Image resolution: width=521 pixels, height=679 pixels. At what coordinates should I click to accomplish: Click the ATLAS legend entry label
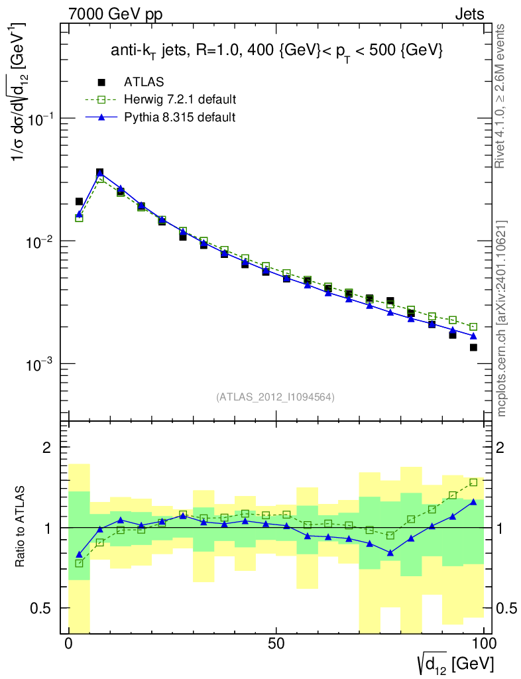point(144,82)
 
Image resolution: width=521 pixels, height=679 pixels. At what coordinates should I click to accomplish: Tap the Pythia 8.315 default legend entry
point(179,117)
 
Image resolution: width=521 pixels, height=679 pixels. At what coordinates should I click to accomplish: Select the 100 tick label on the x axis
point(484,644)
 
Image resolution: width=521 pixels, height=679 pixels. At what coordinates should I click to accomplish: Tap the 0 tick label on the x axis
point(69,644)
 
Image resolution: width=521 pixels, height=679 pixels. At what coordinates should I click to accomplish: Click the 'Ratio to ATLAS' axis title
point(21,527)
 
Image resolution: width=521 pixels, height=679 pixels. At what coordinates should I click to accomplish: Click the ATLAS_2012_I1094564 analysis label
point(275,397)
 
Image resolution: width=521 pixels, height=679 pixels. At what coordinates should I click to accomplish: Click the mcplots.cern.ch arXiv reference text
point(502,318)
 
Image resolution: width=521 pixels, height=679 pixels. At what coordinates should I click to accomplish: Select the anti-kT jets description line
point(276,52)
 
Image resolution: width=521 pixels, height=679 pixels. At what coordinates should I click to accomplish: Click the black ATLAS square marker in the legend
point(101,82)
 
